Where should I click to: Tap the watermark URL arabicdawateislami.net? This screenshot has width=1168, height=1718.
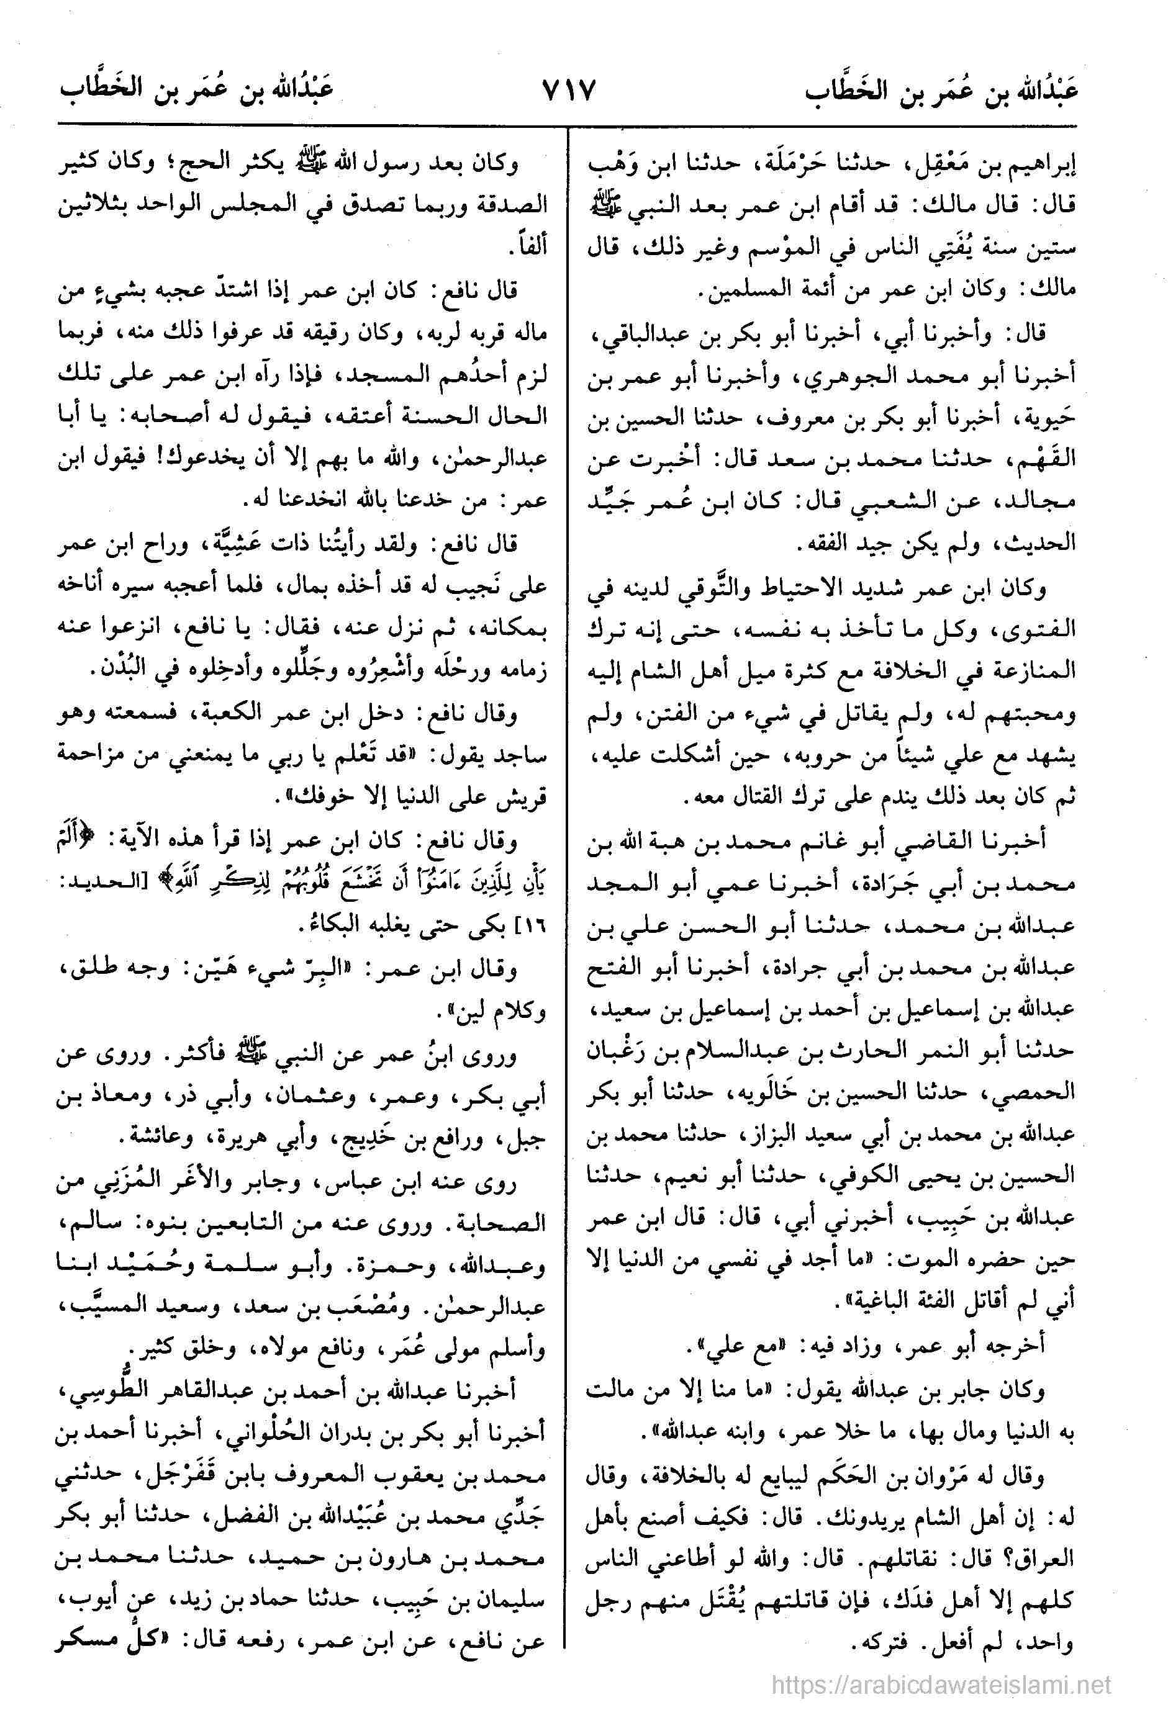tap(941, 1680)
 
